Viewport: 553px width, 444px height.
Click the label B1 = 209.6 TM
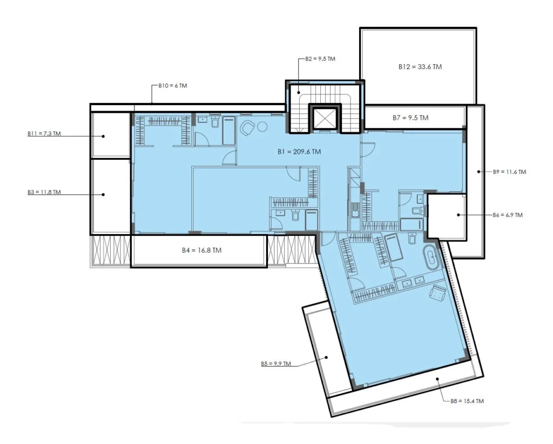[x=299, y=152]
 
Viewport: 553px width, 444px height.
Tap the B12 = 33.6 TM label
[x=420, y=66]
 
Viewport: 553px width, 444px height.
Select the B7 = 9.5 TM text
[x=410, y=118]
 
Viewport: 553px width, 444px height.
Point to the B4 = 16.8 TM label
[x=202, y=250]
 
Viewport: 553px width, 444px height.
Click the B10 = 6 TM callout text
[x=173, y=86]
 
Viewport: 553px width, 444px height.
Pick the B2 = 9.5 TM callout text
[x=320, y=59]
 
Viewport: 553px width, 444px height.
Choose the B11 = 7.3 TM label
[x=44, y=134]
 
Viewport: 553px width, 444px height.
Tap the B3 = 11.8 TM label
[x=44, y=192]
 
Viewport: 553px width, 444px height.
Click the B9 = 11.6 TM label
[x=509, y=172]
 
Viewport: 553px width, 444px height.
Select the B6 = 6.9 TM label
[x=508, y=215]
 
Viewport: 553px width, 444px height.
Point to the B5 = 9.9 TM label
[x=276, y=364]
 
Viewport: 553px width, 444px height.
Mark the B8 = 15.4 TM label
[x=467, y=401]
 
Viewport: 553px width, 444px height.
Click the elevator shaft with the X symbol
[x=323, y=118]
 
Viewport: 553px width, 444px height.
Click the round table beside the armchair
[x=262, y=126]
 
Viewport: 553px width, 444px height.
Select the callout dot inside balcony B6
[x=458, y=215]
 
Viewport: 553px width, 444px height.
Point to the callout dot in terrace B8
[x=437, y=379]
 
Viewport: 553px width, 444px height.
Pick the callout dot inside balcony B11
[x=103, y=136]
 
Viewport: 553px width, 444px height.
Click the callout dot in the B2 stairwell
[x=298, y=93]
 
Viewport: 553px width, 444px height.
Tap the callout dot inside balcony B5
[x=327, y=357]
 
